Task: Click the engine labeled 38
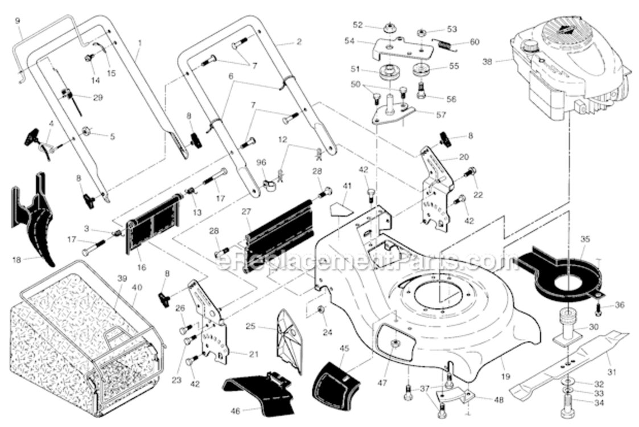pyautogui.click(x=569, y=68)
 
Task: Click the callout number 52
pyautogui.click(x=373, y=25)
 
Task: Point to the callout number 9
pyautogui.click(x=17, y=21)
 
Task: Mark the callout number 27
pyautogui.click(x=246, y=211)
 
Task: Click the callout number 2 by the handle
pyautogui.click(x=299, y=42)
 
